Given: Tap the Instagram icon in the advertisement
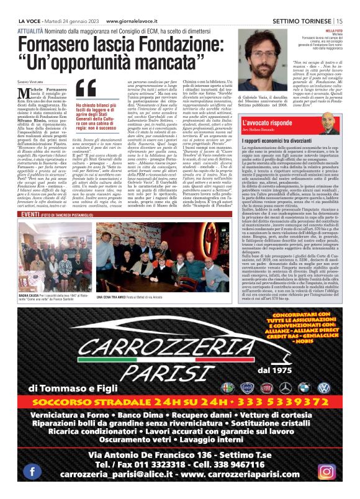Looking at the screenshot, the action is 327,470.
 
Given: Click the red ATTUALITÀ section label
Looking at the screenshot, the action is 32,29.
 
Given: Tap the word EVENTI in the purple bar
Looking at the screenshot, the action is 31,214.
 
